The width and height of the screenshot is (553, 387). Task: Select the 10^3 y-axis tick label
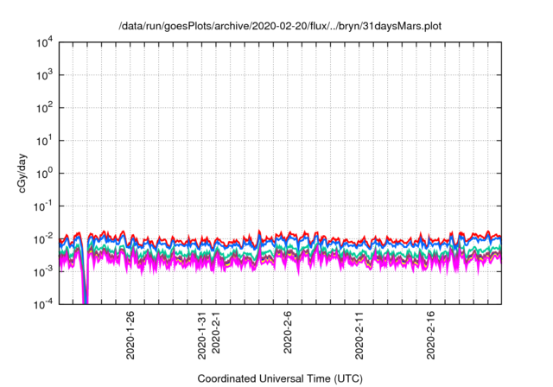43,75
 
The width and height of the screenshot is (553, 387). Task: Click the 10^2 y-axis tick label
43,108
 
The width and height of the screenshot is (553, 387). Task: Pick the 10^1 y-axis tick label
43,140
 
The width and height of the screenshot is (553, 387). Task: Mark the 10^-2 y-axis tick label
42,238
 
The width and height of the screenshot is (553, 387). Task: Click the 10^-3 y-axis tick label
42,271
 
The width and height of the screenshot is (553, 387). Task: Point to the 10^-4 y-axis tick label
42,304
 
